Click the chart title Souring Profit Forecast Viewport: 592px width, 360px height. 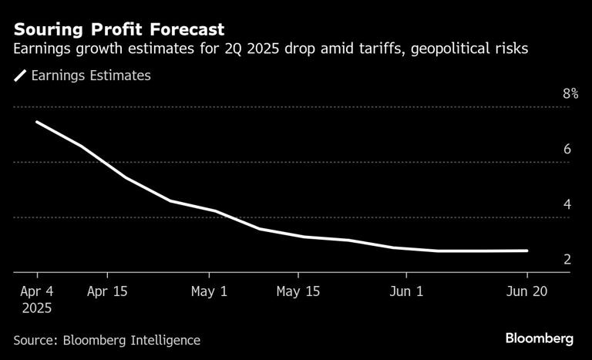point(119,30)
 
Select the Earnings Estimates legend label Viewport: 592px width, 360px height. point(90,76)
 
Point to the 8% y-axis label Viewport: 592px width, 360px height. point(570,94)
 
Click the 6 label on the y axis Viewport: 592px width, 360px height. point(567,150)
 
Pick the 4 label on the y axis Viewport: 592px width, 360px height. point(567,205)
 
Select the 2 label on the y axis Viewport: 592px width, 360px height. point(567,260)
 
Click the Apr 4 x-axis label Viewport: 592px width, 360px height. point(37,292)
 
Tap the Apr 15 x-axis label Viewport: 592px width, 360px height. point(107,292)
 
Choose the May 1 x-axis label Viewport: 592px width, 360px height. point(209,292)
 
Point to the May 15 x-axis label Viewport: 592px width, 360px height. point(298,292)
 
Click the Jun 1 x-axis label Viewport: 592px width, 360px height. point(406,292)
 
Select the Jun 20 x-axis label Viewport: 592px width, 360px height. point(527,292)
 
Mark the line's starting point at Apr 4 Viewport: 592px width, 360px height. point(37,122)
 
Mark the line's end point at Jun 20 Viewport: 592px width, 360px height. point(527,251)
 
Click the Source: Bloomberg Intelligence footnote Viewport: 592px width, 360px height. point(106,340)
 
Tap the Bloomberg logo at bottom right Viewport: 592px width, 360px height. point(540,338)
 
